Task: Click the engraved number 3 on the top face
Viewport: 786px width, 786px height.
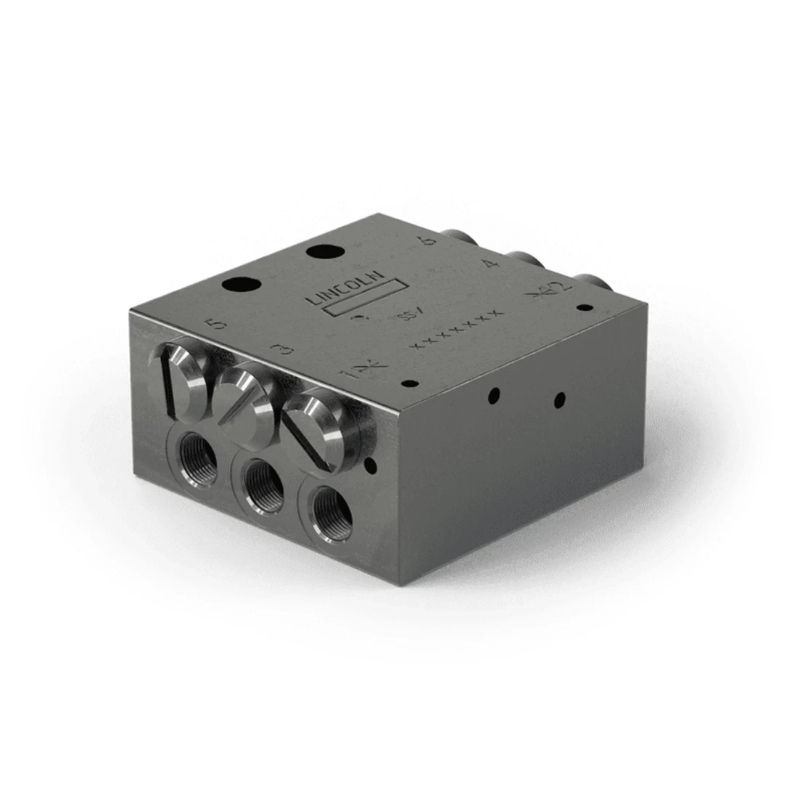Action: (286, 350)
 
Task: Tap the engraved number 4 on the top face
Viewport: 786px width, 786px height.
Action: (491, 264)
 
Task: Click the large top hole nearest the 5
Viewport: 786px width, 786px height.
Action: (242, 285)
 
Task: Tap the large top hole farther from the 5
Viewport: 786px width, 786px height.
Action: (325, 253)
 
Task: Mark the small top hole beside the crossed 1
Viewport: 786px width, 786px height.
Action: (410, 383)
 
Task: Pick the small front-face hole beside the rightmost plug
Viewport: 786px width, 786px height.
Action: (370, 464)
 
